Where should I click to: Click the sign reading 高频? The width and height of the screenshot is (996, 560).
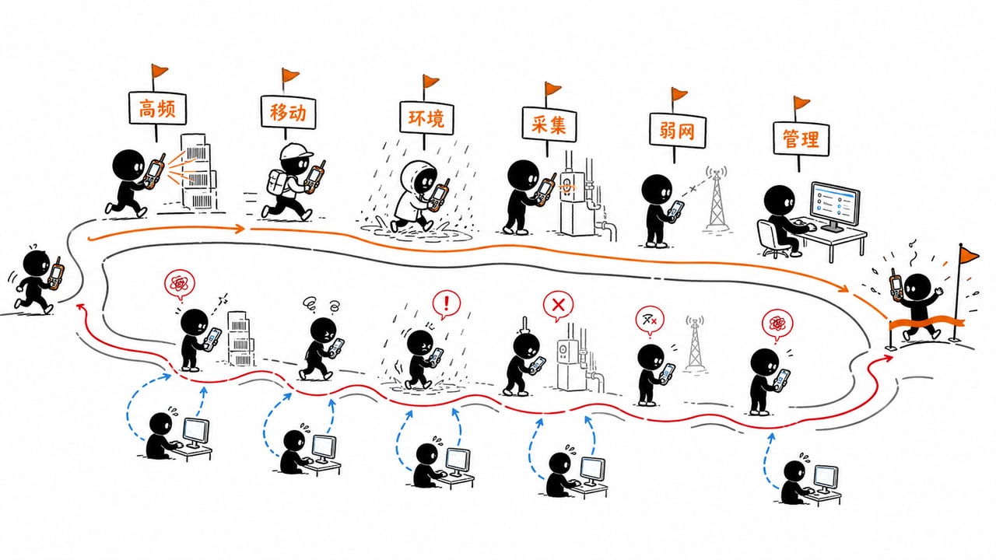[x=157, y=108]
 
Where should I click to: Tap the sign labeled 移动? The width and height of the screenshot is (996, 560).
[x=288, y=112]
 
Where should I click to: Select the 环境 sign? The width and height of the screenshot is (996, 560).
[x=426, y=117]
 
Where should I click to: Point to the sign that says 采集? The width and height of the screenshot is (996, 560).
[x=549, y=125]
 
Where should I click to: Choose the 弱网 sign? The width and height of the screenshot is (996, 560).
[x=677, y=130]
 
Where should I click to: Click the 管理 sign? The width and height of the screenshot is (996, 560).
[x=801, y=138]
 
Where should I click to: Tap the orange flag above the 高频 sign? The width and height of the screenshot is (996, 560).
[x=160, y=70]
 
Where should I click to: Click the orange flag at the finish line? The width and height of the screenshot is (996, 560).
[x=969, y=254]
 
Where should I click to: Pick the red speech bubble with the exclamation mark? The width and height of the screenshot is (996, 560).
[x=446, y=304]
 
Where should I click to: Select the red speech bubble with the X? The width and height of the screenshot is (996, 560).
[x=558, y=306]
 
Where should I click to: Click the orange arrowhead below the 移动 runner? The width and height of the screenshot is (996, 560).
[x=240, y=229]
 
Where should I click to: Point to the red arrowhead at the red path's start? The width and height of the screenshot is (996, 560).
[x=80, y=306]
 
